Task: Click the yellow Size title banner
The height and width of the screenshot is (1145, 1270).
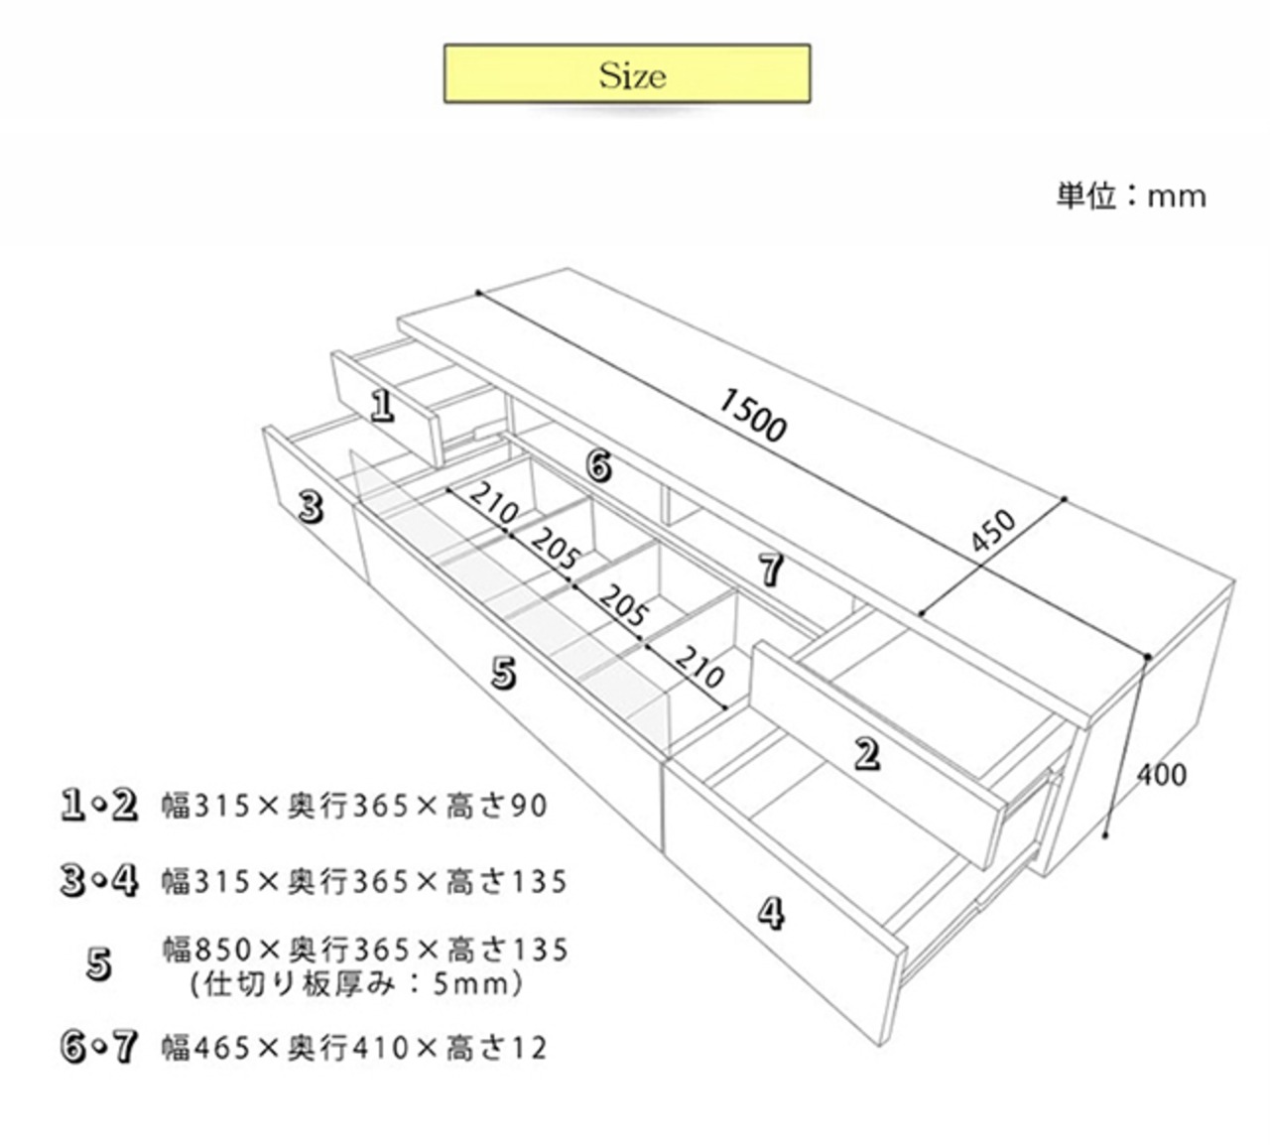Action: click(626, 73)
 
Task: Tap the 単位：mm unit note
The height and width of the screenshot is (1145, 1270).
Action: click(1131, 195)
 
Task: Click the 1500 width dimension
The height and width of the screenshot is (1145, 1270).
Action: click(752, 414)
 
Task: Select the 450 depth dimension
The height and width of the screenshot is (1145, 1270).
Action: click(992, 534)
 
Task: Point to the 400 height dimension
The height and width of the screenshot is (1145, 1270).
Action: click(1161, 773)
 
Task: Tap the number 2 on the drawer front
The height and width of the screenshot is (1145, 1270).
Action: click(867, 754)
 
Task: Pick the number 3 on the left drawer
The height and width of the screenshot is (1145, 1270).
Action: click(311, 507)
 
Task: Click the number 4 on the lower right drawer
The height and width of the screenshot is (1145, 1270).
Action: click(771, 912)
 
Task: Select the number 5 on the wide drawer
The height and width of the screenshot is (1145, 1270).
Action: click(504, 674)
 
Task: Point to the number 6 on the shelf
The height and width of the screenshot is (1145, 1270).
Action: click(598, 464)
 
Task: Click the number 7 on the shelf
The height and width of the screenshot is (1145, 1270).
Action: click(771, 570)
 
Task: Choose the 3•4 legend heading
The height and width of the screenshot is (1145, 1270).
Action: click(98, 880)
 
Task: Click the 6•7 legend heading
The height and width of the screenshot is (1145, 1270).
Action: click(98, 1048)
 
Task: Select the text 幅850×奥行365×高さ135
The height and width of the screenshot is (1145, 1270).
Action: click(365, 950)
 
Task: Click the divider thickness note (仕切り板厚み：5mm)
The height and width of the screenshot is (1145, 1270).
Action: click(356, 984)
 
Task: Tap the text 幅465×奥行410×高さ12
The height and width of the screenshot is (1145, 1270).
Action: click(354, 1048)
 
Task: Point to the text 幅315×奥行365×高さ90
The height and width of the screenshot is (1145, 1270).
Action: click(354, 806)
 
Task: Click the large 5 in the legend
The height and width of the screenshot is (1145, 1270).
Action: click(98, 964)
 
